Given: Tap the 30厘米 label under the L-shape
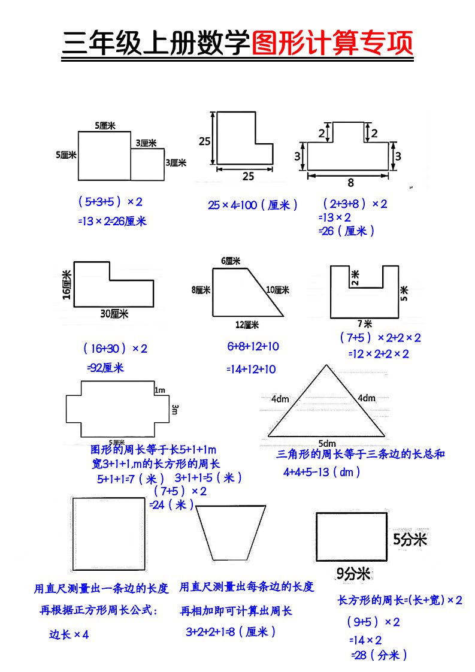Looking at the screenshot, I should coord(115,313).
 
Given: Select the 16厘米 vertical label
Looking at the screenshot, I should coord(66,285).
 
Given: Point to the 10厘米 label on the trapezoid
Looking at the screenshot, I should coord(278,290).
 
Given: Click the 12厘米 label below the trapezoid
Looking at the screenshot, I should coord(247,325).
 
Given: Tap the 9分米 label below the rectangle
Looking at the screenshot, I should coord(353,574).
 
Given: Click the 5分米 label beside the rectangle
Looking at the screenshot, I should coord(410,540).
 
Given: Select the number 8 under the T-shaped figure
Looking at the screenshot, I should coord(350,183).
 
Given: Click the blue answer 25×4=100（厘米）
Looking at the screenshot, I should coord(253,205).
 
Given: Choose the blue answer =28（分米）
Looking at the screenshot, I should coord(379,655).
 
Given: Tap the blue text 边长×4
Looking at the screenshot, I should coord(69,635).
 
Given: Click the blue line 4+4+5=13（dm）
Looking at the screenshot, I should coord(322,472).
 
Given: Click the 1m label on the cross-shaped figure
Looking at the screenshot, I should coord(160,391).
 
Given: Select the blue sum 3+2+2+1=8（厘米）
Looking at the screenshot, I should coord(231,631).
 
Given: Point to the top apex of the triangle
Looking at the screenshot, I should coord(326,365).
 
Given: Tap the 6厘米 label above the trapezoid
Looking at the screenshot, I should coord(231,261).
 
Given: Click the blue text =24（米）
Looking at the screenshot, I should coord(172,505).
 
